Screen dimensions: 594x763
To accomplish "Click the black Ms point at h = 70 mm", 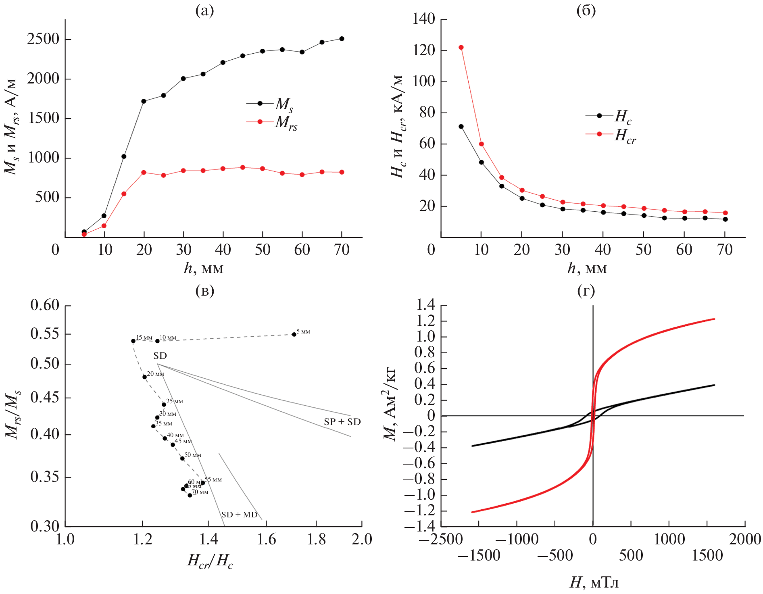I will click(x=342, y=39).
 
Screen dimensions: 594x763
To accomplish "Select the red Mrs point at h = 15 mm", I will click(x=124, y=194).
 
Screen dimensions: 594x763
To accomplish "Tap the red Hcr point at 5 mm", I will click(x=461, y=48).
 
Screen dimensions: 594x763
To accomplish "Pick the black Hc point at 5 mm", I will click(x=461, y=127).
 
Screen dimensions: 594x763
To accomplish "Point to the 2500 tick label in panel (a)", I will click(x=43, y=39).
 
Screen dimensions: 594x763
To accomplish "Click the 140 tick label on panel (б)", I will click(x=423, y=19).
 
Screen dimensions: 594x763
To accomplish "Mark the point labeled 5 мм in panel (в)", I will click(x=294, y=334).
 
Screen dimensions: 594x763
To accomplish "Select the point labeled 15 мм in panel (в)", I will click(x=133, y=341).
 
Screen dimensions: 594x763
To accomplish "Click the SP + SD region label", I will click(x=342, y=422).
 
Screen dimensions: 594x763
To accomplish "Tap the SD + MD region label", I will click(x=239, y=515).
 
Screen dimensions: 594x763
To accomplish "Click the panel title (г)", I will click(x=586, y=290).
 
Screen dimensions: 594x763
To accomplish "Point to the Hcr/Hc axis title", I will click(x=210, y=561).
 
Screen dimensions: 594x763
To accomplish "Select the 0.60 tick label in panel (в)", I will click(x=45, y=305).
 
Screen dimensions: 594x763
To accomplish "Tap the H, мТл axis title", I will click(x=594, y=582).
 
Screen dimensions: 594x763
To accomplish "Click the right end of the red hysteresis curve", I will click(x=714, y=319).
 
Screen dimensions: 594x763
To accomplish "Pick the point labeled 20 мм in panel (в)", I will click(x=144, y=377).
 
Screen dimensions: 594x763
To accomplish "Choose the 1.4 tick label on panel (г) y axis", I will click(x=425, y=305).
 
